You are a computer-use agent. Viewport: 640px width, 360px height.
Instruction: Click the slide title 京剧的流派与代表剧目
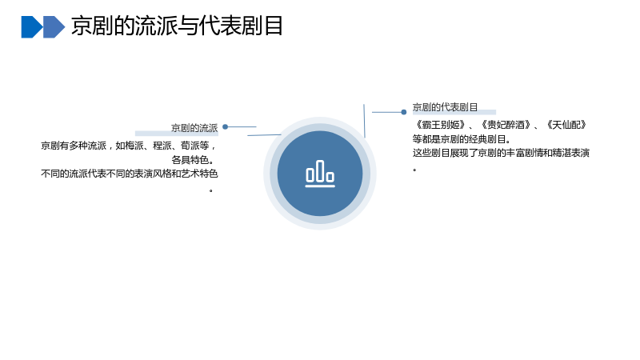coord(177,26)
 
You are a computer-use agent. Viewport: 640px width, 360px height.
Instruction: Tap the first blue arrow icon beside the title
coord(32,27)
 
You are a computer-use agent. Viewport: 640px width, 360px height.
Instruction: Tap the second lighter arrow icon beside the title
coord(54,27)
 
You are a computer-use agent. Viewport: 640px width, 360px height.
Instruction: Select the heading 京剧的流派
coord(194,128)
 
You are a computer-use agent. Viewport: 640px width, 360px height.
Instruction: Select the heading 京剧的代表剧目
coord(445,107)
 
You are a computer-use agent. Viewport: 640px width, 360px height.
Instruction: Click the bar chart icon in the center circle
coord(320,174)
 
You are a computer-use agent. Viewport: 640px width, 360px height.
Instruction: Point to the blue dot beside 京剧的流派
coord(225,127)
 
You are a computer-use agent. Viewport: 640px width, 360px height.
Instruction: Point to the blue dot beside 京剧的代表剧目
coord(404,112)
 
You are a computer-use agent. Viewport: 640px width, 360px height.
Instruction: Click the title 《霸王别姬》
coord(440,125)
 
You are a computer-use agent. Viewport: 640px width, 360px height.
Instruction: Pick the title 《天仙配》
coord(566,125)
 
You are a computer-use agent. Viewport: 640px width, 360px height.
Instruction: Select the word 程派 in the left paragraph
coord(162,146)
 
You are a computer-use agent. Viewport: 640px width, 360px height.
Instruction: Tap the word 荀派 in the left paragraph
coord(190,146)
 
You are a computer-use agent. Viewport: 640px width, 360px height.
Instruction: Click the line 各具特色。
coord(193,159)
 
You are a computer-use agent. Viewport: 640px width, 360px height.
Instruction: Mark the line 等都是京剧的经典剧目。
coord(462,139)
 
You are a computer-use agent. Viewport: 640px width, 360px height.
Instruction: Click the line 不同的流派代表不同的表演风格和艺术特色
coord(130,174)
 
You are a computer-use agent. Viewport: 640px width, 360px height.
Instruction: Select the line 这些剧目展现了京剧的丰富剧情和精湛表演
coord(501,153)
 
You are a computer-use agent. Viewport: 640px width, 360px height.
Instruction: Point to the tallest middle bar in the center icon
coord(320,170)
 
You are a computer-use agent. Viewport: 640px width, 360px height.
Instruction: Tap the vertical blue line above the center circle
coord(364,121)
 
